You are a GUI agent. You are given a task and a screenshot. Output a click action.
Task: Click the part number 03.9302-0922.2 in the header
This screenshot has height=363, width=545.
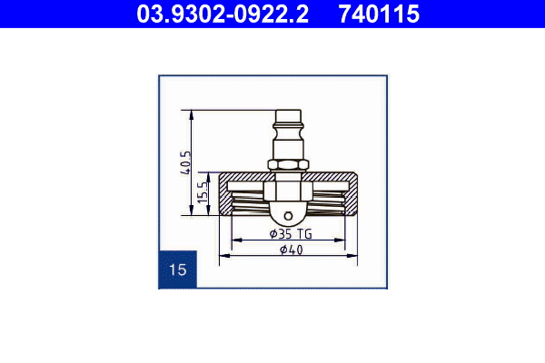coord(223,14)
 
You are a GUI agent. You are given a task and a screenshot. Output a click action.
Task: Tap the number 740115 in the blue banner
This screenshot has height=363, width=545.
coord(379,14)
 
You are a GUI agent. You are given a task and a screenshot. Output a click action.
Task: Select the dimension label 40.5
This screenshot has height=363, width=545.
coord(186,163)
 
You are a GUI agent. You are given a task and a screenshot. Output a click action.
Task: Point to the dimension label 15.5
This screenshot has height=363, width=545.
coord(203,193)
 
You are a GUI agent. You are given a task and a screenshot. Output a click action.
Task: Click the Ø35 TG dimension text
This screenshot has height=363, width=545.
coord(291,234)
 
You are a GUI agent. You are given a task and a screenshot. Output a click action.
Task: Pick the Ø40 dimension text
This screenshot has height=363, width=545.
coord(292,250)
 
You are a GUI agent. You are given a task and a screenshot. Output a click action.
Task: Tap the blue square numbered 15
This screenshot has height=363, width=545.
coord(178,270)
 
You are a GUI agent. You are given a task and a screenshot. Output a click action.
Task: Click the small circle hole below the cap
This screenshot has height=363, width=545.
coord(288,216)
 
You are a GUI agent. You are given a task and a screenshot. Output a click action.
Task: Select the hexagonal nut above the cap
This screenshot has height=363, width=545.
coord(288,164)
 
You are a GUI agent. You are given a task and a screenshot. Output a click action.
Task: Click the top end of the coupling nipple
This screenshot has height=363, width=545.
coord(288,111)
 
